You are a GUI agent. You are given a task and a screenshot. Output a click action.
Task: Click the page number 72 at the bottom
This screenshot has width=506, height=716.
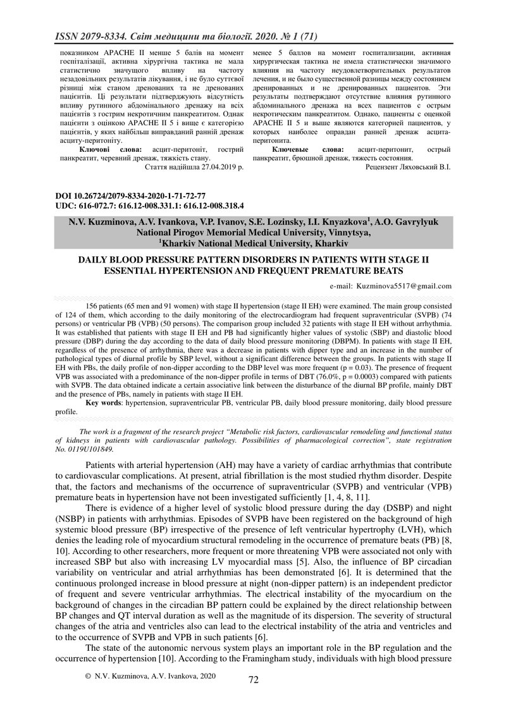click(254, 679)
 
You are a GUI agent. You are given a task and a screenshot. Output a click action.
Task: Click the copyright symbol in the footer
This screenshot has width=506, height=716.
click(88, 676)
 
